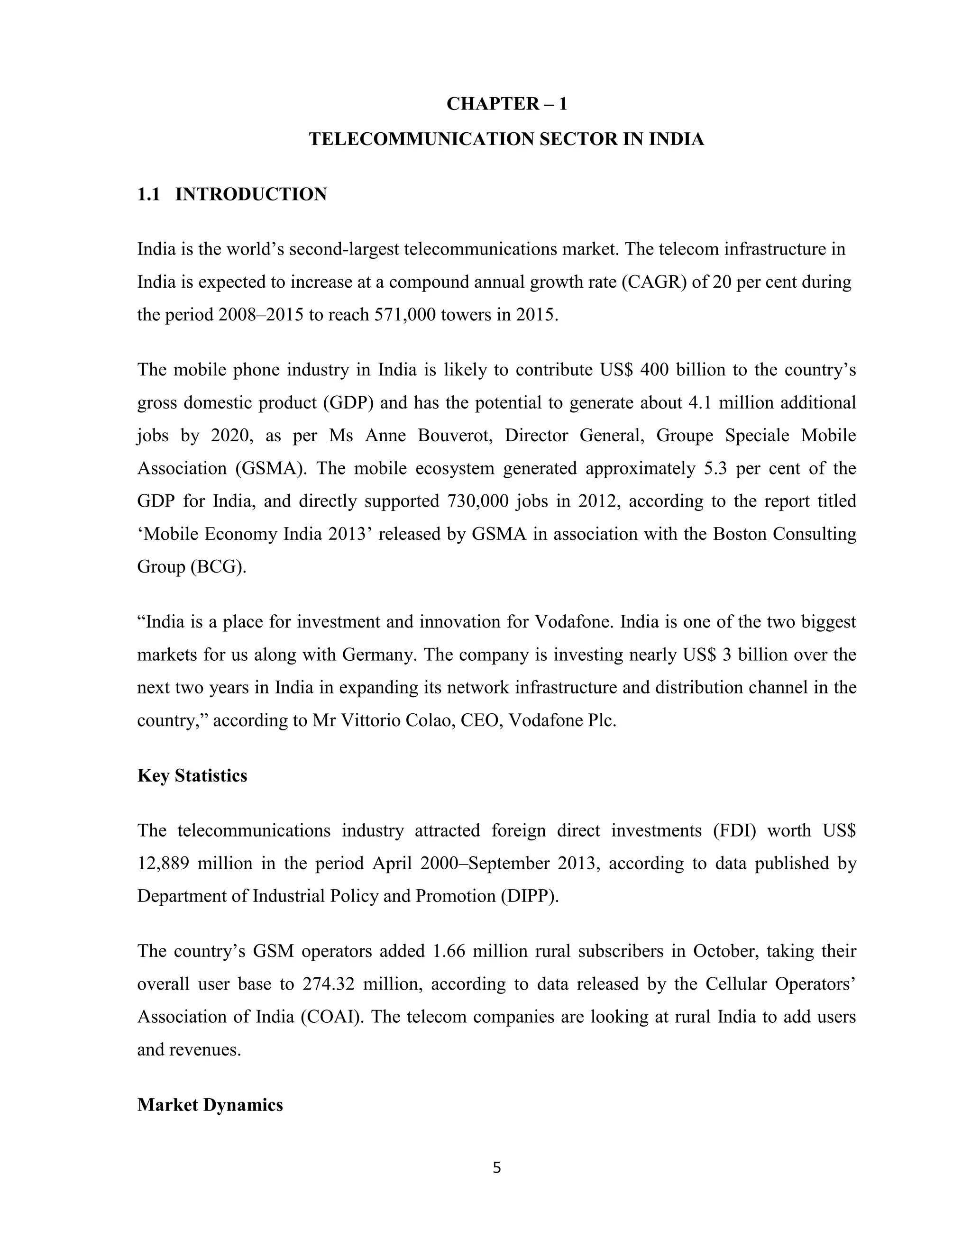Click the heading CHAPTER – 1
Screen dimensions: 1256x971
click(506, 104)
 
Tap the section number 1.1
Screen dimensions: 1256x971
click(148, 194)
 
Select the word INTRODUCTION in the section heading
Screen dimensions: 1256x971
click(251, 194)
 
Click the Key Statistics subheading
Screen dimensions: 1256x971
click(192, 776)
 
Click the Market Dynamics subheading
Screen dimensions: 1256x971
click(210, 1105)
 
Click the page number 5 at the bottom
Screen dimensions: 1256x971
click(497, 1168)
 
